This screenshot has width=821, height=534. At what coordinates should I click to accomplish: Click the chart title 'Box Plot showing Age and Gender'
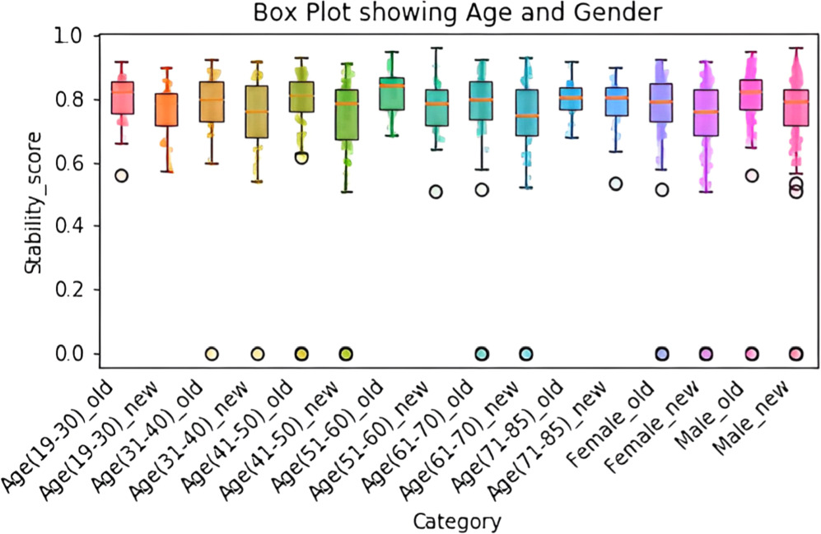pos(458,14)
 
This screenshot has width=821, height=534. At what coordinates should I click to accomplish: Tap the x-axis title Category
pos(458,520)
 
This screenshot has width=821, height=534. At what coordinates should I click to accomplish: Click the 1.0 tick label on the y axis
pos(71,36)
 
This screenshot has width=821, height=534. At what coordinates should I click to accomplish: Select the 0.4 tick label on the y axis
pos(71,226)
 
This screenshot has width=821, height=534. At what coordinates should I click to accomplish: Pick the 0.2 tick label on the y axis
pos(71,290)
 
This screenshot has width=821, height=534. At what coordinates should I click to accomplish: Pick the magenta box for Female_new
pos(706,112)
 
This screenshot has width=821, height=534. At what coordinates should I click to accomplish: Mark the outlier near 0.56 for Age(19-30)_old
pos(122,175)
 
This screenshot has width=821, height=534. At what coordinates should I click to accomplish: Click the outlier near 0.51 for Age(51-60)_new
pos(436,192)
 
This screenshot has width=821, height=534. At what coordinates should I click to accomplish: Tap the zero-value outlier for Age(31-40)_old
pos(211,354)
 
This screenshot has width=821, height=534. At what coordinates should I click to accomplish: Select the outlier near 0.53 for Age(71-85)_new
pos(615,183)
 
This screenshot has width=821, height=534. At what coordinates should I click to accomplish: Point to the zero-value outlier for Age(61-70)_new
pos(525,354)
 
